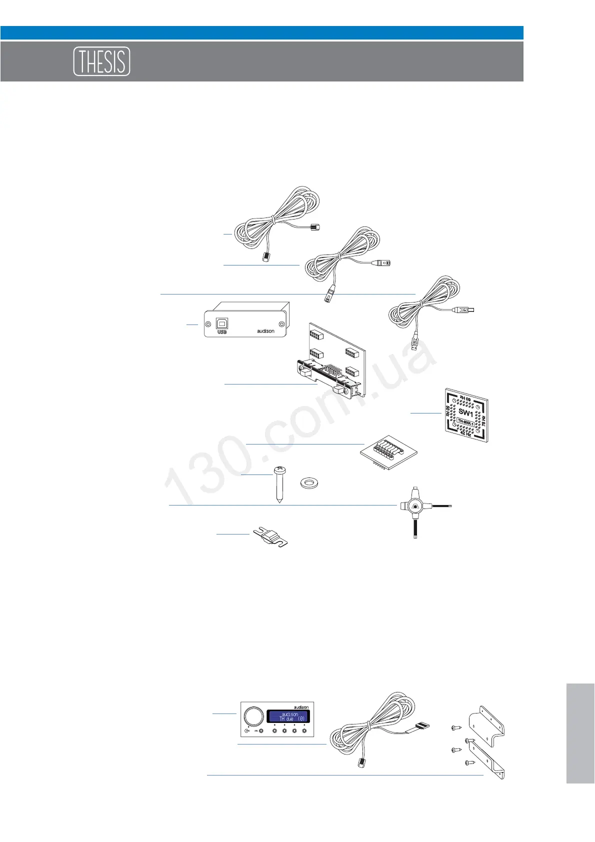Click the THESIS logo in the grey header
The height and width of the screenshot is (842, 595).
point(101,61)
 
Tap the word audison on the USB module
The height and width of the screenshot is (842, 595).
point(265,331)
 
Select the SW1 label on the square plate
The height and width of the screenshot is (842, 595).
point(465,413)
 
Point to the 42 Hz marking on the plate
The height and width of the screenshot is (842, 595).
point(465,433)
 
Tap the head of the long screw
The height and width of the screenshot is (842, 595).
point(279,469)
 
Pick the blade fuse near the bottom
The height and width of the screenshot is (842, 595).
point(272,537)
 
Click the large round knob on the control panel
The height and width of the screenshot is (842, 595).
point(253,716)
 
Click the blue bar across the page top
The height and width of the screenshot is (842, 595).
point(261,33)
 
